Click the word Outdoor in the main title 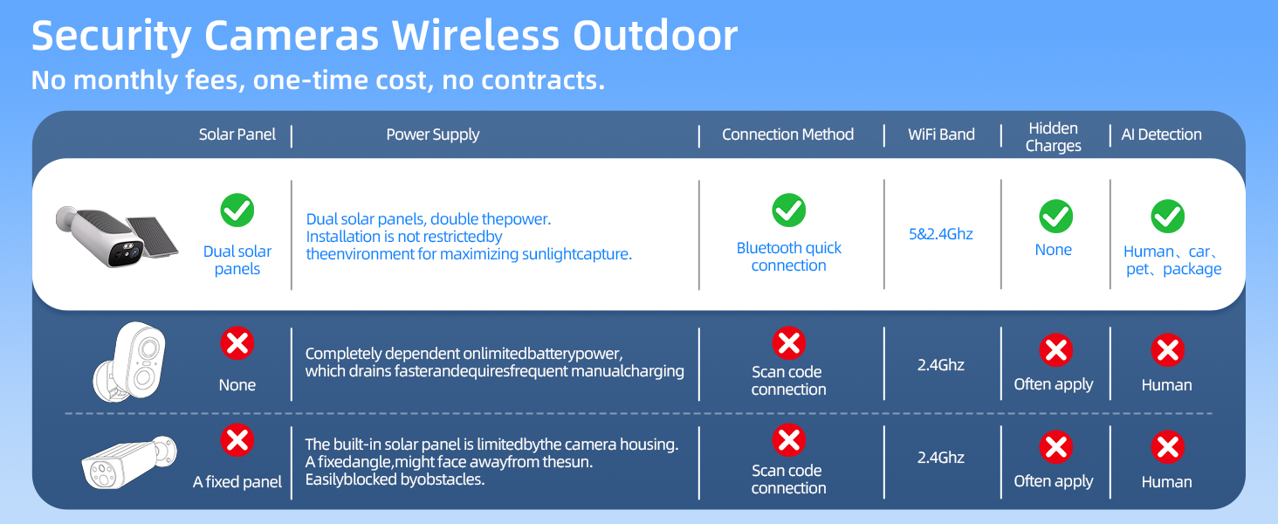click(x=655, y=36)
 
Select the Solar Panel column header click(x=237, y=134)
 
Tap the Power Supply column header click(x=432, y=134)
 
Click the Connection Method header click(x=788, y=134)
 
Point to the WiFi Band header click(x=941, y=134)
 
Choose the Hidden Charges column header click(x=1053, y=137)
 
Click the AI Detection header click(x=1161, y=134)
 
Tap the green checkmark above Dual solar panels click(x=237, y=210)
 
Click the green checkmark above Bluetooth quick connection click(x=789, y=210)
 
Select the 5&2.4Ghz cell click(x=941, y=234)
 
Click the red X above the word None click(x=237, y=343)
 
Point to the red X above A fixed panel click(x=237, y=440)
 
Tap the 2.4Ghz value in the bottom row click(x=941, y=458)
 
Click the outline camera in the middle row click(x=130, y=362)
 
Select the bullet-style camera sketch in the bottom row click(x=129, y=462)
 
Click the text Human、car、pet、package click(x=1173, y=260)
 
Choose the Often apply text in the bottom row click(x=1053, y=481)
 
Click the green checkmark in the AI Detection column click(x=1168, y=217)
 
